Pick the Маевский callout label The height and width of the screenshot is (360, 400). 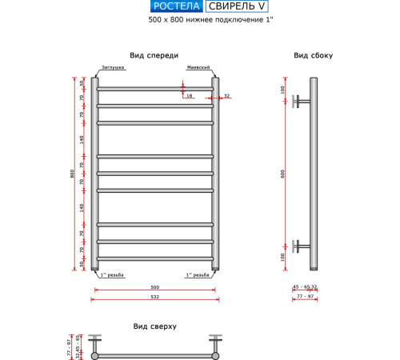198,69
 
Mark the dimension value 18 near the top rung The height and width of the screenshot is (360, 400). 190,97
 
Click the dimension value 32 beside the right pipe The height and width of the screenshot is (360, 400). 226,97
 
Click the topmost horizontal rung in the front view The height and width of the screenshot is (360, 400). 155,88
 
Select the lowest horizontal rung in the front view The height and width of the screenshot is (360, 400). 155,258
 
